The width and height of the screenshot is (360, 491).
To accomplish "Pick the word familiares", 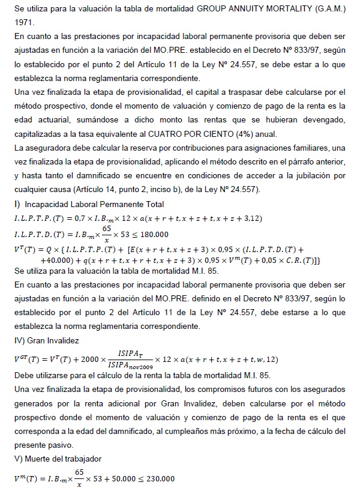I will pos(314,148).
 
